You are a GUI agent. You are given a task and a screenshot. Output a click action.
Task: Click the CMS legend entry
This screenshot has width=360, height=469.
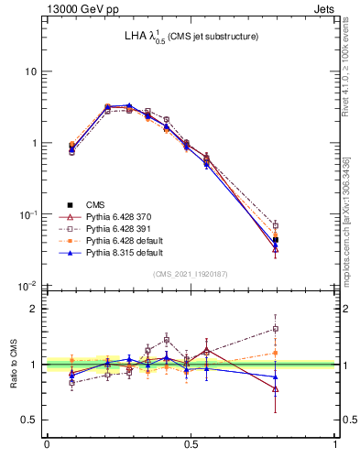[x=94, y=204]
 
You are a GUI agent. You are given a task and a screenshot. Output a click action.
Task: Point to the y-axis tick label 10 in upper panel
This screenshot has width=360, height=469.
[x=31, y=72]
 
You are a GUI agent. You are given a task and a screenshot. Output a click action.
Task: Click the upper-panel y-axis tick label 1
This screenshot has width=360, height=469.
[x=34, y=144]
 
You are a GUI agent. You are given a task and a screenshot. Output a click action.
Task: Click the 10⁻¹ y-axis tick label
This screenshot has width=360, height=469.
[x=28, y=214]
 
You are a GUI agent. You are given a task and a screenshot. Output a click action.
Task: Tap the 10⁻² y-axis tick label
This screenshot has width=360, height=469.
[x=28, y=286]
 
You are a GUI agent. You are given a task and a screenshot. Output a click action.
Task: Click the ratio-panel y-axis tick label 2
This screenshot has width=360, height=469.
[x=34, y=309]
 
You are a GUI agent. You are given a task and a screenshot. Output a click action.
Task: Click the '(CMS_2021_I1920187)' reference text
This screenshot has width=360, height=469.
[x=191, y=274]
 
